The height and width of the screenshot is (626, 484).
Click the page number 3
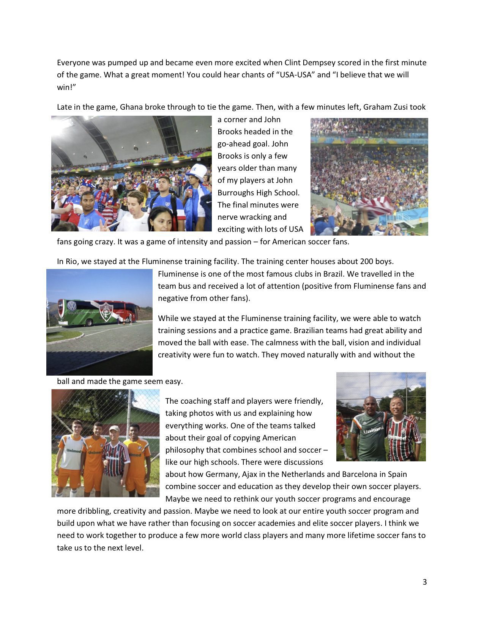coord(424,582)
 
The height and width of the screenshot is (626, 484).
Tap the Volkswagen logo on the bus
coord(71,305)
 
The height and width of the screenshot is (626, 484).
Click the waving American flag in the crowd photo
coord(376,205)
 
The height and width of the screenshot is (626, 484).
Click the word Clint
coord(293,63)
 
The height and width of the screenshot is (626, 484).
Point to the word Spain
coord(397,474)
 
